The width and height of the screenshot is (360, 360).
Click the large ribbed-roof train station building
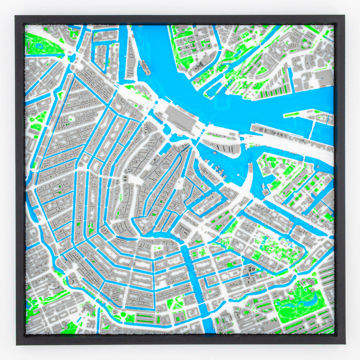click(x=181, y=118)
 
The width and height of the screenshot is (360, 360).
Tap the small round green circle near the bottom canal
click(x=123, y=314)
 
